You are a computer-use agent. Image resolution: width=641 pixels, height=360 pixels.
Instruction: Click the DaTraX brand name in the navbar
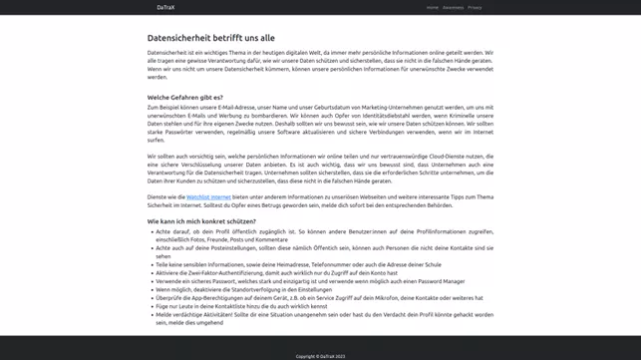tap(165, 7)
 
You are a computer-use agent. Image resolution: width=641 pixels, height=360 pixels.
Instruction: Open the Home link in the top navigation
tap(432, 7)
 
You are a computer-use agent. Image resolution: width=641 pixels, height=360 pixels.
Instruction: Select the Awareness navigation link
tap(453, 7)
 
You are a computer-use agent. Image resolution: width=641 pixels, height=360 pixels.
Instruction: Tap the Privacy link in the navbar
tap(475, 7)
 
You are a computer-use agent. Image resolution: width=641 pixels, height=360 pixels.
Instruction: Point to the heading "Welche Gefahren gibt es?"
tap(184, 98)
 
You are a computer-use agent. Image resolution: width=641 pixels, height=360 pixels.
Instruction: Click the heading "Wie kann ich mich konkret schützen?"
tap(201, 221)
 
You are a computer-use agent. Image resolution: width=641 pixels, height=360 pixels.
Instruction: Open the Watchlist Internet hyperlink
tap(208, 197)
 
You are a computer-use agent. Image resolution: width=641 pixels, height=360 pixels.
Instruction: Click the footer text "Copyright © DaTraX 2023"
tap(320, 356)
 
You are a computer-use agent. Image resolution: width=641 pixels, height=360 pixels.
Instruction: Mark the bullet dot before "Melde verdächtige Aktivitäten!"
tap(151, 314)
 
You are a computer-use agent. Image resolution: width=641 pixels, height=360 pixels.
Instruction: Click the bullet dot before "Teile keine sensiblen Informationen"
tap(151, 264)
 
